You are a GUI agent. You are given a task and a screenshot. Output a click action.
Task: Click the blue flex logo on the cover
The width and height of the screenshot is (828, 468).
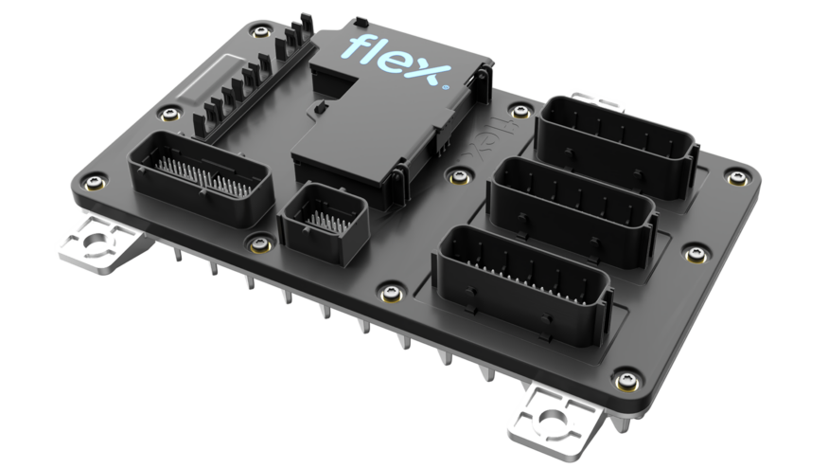coord(397,60)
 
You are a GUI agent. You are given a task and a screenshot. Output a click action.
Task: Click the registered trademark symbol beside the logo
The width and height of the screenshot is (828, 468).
coord(445,87)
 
